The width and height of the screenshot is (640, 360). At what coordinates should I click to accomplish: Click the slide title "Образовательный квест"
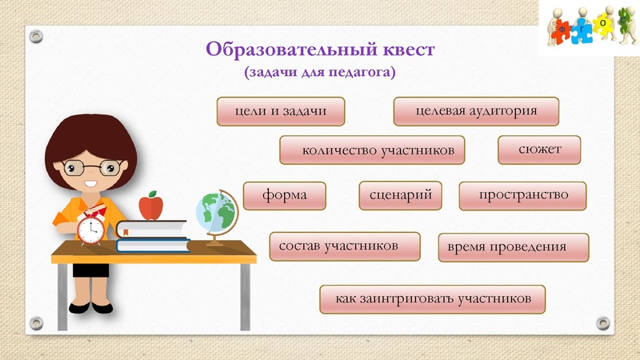(320, 49)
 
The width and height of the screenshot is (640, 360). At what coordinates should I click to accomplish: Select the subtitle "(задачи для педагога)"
(320, 72)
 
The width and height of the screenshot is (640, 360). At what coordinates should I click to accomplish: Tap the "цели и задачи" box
(281, 111)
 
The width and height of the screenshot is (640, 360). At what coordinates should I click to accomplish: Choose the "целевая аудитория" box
(476, 111)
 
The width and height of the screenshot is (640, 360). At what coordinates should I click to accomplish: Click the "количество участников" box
(372, 150)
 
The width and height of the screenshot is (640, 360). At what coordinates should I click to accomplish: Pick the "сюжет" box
(539, 150)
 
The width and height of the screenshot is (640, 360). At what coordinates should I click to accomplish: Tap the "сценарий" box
(401, 195)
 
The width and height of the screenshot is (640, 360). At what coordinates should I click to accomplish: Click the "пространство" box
(522, 195)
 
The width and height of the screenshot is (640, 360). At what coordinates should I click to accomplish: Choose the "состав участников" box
(345, 246)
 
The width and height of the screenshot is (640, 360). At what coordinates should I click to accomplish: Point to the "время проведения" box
(514, 247)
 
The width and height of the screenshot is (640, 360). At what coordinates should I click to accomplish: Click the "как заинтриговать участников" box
(432, 298)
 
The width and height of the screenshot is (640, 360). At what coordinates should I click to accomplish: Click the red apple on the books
(151, 206)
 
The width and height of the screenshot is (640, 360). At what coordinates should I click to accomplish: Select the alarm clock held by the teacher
(90, 230)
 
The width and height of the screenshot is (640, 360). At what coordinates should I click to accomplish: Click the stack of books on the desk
(152, 235)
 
